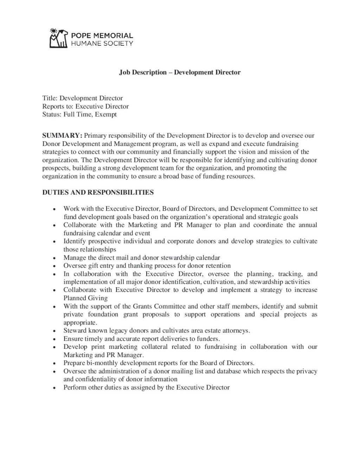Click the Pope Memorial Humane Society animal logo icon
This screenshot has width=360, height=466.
[58, 38]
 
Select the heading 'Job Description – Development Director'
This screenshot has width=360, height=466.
[180, 72]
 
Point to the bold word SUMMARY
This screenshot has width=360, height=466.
[62, 135]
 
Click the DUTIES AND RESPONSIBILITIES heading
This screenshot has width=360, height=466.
[98, 192]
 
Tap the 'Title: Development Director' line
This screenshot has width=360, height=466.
[83, 98]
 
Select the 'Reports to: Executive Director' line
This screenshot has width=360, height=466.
[85, 106]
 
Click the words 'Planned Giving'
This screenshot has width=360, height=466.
[85, 298]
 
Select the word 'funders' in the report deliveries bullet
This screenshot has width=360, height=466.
[208, 339]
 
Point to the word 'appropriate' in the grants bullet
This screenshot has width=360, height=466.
[80, 323]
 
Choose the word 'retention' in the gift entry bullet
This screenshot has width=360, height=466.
[217, 266]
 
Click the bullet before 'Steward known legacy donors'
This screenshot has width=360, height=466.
[54, 331]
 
